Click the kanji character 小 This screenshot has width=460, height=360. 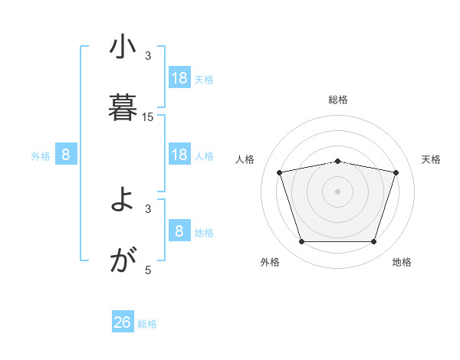pyautogui.click(x=123, y=48)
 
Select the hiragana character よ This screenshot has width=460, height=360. pyautogui.click(x=123, y=201)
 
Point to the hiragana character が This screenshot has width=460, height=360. pyautogui.click(x=123, y=261)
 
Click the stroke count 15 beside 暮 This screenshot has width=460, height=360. pyautogui.click(x=148, y=116)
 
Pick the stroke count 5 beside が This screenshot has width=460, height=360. pyautogui.click(x=148, y=270)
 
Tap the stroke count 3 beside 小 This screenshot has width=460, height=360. pyautogui.click(x=148, y=55)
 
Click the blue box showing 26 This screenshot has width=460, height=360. pyautogui.click(x=123, y=322)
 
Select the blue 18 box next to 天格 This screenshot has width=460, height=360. pyautogui.click(x=179, y=78)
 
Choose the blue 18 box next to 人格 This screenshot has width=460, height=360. pyautogui.click(x=179, y=155)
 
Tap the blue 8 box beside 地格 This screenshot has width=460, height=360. pyautogui.click(x=179, y=231)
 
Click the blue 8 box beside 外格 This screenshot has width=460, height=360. pyautogui.click(x=66, y=155)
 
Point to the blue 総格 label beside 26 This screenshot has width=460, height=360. pyautogui.click(x=147, y=324)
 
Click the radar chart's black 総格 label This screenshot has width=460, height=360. pyautogui.click(x=338, y=100)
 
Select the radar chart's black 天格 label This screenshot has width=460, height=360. pyautogui.click(x=432, y=159)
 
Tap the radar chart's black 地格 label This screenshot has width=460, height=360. pyautogui.click(x=402, y=262)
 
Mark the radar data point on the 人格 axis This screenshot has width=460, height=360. pyautogui.click(x=280, y=172)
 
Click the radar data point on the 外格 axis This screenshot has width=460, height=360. pyautogui.click(x=302, y=242)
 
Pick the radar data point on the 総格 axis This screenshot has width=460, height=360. pyautogui.click(x=338, y=161)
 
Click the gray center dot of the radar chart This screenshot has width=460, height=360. pyautogui.click(x=338, y=191)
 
